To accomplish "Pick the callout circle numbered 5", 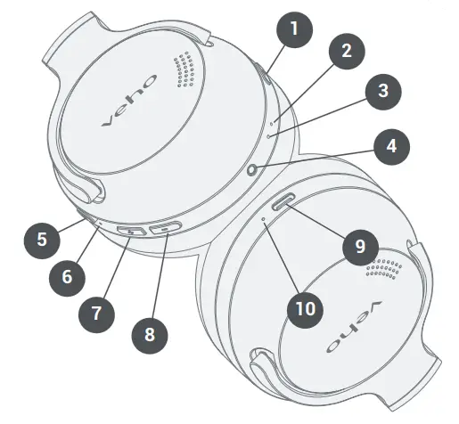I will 41,238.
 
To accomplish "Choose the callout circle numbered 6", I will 67,277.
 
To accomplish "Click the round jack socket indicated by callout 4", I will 255,169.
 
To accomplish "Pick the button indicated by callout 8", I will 166,229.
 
